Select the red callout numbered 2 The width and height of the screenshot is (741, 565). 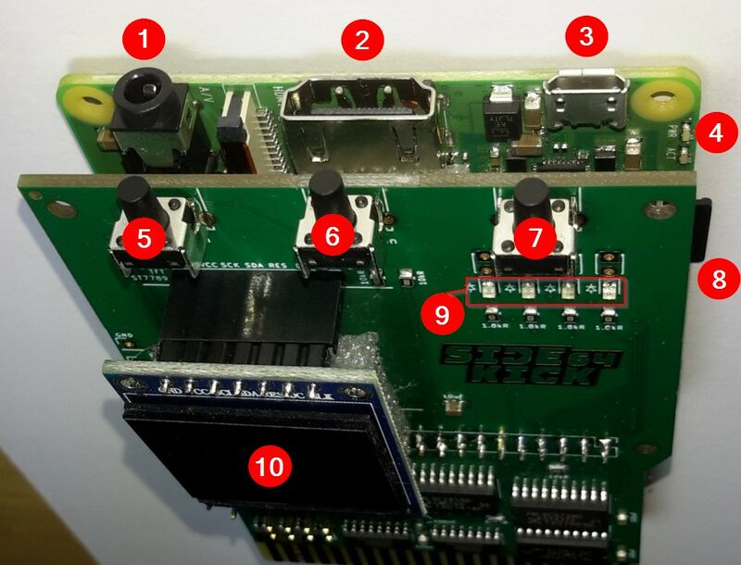tap(362, 41)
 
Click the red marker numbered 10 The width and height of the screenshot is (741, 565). tap(269, 466)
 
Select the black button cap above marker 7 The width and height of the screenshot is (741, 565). tap(531, 197)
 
